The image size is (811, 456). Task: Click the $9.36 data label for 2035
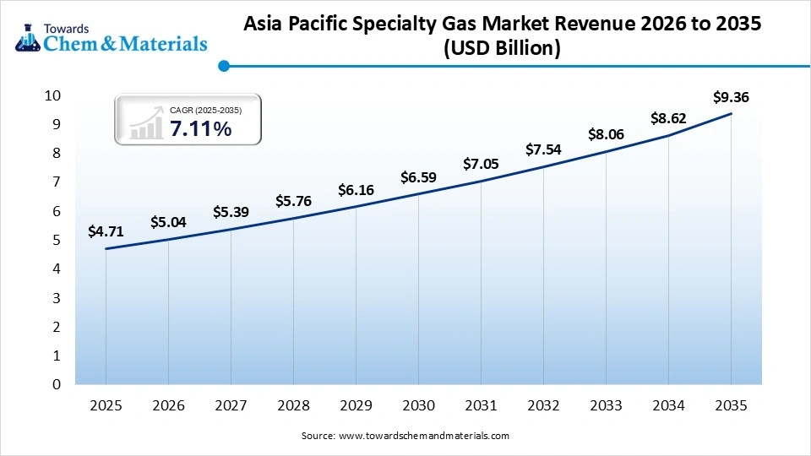[x=731, y=97]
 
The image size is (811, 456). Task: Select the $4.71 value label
[x=106, y=231]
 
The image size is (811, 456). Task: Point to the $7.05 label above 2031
[x=481, y=164]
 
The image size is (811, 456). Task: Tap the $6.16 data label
[x=356, y=190]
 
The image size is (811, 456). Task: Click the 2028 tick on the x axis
[x=293, y=405]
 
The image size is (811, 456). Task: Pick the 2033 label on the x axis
[x=606, y=405]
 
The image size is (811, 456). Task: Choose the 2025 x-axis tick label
[x=106, y=405]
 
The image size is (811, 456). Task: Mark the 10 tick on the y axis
[x=53, y=95]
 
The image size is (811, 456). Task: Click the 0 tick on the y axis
[x=57, y=384]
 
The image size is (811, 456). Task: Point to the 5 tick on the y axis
[x=57, y=240]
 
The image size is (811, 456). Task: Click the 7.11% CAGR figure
[x=200, y=128]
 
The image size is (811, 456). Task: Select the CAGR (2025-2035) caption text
[x=205, y=109]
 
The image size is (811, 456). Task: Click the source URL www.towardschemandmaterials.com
[x=423, y=436]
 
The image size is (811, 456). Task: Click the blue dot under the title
[x=223, y=66]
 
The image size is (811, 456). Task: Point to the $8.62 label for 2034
[x=668, y=119]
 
